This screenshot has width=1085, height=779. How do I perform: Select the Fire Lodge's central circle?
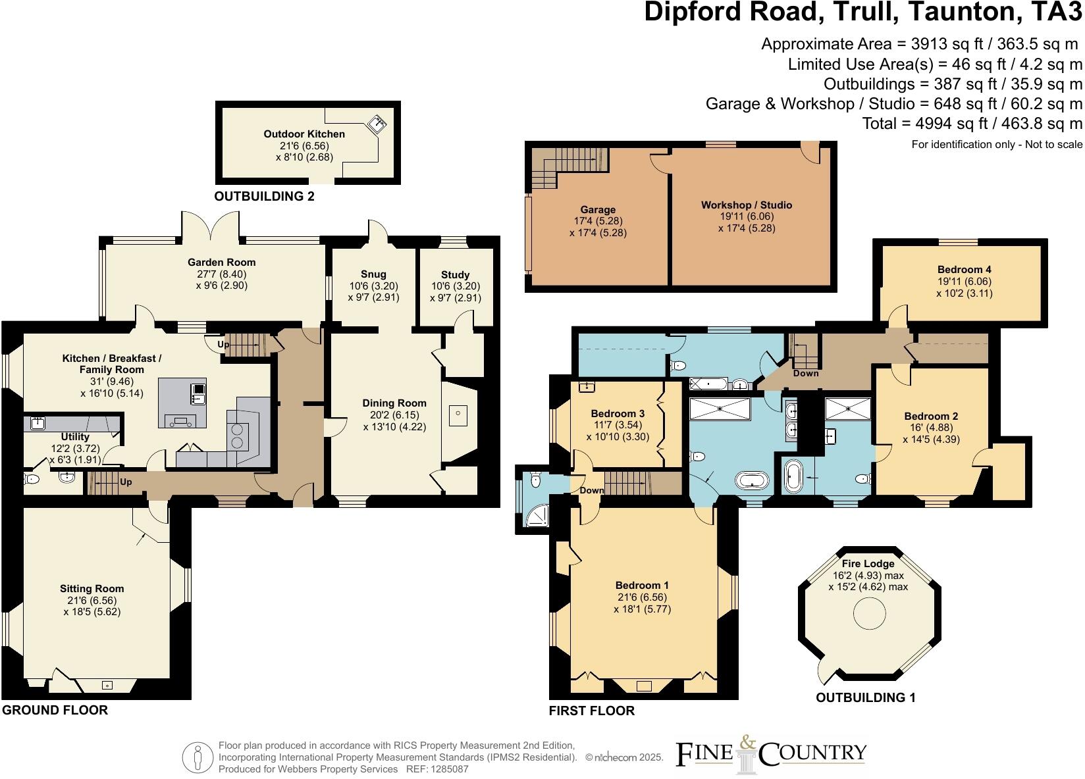click(870, 615)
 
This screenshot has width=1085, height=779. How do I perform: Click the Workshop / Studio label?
click(746, 205)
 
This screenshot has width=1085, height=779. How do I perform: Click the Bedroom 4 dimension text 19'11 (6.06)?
click(964, 282)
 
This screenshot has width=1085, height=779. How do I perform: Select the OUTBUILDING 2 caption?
click(264, 196)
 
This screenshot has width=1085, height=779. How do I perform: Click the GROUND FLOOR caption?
click(55, 710)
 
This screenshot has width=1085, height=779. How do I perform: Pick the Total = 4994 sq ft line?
click(972, 124)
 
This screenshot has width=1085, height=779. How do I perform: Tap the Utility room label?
click(74, 436)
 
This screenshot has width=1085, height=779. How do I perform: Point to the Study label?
click(455, 274)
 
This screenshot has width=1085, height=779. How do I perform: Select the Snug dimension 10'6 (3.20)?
click(373, 286)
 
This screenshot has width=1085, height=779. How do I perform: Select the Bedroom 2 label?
click(930, 416)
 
